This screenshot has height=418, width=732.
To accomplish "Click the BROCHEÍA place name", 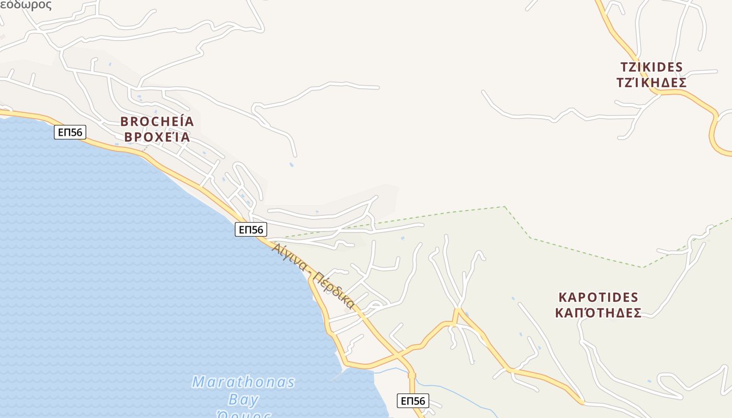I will pos(157,122).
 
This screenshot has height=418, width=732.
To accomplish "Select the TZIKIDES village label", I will pos(651,67).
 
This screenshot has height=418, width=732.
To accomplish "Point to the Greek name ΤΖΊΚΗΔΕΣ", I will pos(651,83).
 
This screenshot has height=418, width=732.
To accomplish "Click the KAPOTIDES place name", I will pos(598,298).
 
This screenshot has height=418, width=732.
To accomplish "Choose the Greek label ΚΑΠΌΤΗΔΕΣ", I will pos(598,313).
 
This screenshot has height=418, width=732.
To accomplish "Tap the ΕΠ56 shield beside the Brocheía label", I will pos(70,132).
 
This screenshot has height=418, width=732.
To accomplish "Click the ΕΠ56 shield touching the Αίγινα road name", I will pos(251,229).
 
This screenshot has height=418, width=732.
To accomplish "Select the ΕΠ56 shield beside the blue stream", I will pos(413,401).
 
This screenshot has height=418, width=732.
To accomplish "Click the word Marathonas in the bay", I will pos(243,382).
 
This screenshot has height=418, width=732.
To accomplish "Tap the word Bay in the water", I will pos(244,400).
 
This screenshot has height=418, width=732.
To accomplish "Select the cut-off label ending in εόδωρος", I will pos(26,5).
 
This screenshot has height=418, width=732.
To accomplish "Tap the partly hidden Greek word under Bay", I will pos(244,414).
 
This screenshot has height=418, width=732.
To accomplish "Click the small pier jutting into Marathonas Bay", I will pos(337,375).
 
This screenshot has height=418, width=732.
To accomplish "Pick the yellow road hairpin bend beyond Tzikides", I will pos(713,131).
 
